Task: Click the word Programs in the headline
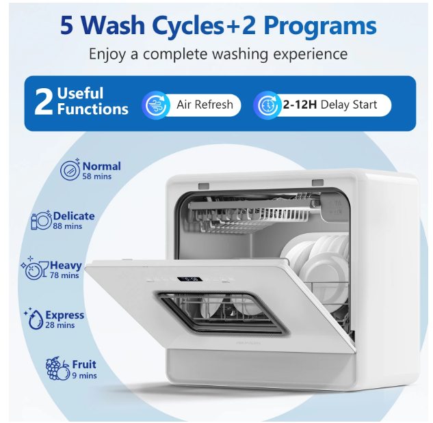(x=319, y=26)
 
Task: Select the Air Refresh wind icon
(x=156, y=105)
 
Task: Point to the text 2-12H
(x=300, y=105)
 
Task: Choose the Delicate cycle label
(x=74, y=216)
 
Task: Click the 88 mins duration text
(x=68, y=226)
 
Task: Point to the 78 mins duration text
(x=64, y=275)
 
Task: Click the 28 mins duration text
(x=60, y=325)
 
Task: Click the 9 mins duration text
(x=85, y=376)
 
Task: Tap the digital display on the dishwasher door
(x=189, y=279)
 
